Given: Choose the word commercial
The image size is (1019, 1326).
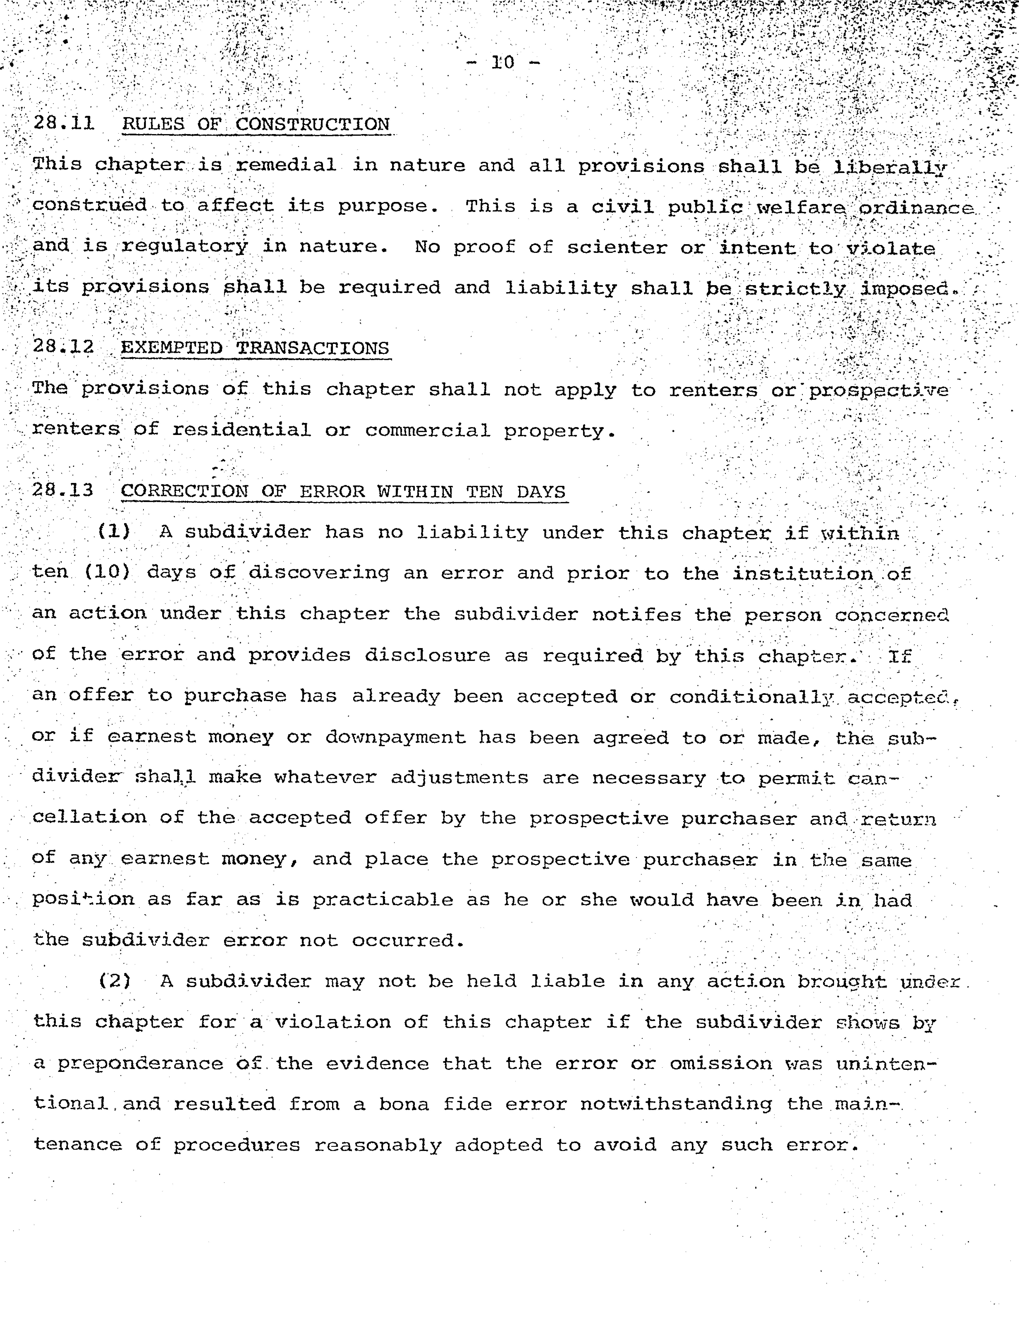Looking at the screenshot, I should tap(427, 431).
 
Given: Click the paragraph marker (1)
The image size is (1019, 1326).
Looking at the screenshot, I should tap(114, 531).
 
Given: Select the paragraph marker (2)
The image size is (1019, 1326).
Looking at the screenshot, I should tap(115, 981).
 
